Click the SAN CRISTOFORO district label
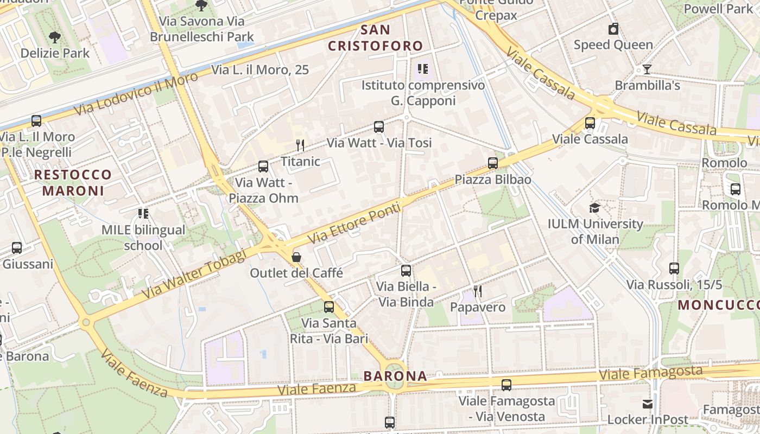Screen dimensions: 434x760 click(375, 38)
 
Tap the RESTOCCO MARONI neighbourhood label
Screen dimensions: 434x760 click(73, 183)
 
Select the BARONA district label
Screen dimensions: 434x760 click(395, 376)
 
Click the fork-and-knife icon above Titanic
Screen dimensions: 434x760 click(300, 145)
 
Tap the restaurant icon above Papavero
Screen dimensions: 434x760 click(478, 291)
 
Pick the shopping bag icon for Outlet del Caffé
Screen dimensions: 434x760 click(296, 257)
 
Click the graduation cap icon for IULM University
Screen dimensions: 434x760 click(595, 208)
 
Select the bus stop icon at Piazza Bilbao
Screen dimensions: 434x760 click(493, 163)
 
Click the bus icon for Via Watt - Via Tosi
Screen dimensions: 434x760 click(379, 127)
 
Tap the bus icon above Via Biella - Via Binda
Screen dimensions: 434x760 click(406, 271)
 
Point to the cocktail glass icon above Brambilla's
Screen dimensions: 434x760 click(647, 69)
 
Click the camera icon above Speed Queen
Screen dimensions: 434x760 click(613, 29)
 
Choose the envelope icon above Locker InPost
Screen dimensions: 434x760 click(648, 404)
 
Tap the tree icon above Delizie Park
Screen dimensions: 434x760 click(54, 37)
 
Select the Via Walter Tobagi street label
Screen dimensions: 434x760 click(194, 276)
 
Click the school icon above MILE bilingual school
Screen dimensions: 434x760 click(143, 214)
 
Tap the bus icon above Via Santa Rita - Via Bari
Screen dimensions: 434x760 click(329, 307)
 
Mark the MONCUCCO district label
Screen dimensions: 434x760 click(718, 305)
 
